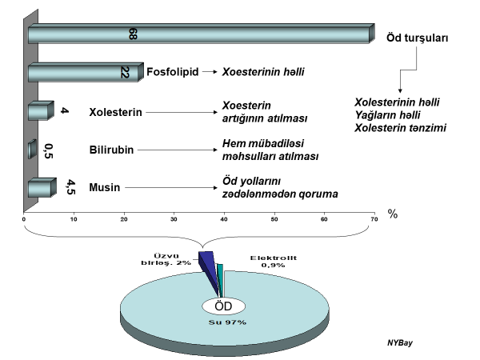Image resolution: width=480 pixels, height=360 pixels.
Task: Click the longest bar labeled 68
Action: point(200,34)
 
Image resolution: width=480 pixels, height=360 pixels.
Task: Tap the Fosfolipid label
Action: point(173,72)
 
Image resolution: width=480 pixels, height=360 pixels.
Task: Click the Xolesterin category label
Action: point(115,113)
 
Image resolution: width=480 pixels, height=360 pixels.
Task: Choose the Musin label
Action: point(105,187)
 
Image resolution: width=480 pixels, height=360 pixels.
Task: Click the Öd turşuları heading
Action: point(417,38)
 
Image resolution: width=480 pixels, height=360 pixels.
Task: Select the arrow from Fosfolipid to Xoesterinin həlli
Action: point(210,72)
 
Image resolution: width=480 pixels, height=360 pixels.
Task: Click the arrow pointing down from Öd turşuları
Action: point(400,80)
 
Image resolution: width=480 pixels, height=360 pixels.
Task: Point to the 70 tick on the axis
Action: point(374,219)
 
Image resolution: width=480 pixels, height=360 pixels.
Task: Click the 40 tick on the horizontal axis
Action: point(224,219)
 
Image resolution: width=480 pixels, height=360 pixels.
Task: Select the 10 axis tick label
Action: point(74,219)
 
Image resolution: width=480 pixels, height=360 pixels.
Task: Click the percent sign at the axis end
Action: point(393,214)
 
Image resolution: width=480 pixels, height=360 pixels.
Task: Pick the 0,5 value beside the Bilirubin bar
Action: point(49,150)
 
